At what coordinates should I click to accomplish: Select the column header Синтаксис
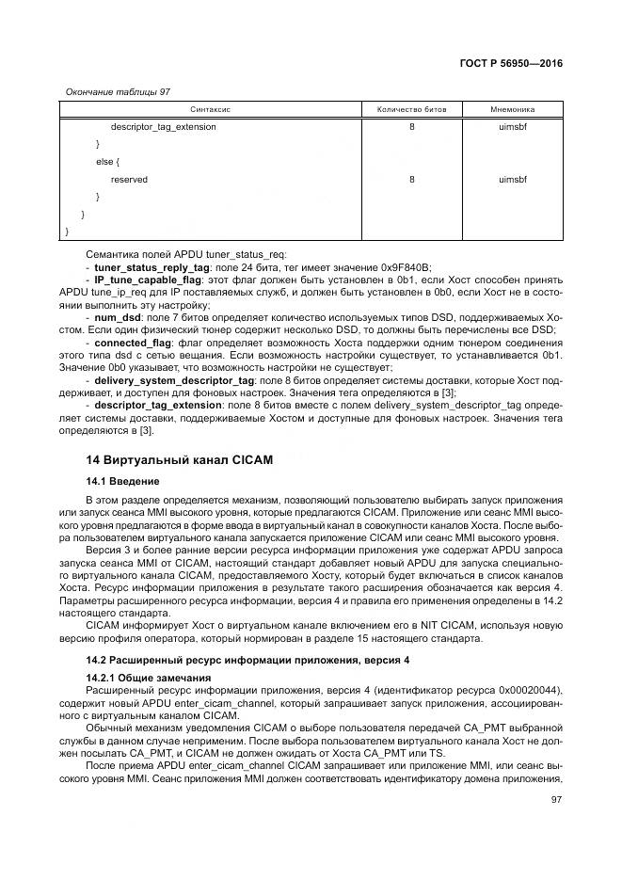coord(211,110)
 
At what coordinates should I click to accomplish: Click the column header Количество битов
coord(412,110)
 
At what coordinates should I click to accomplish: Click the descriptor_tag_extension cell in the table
coord(163,127)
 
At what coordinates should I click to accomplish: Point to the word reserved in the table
coord(129,179)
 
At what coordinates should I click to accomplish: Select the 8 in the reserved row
coord(412,179)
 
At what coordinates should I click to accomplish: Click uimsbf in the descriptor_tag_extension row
coord(512,127)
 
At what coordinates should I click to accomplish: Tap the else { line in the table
coord(106,162)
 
